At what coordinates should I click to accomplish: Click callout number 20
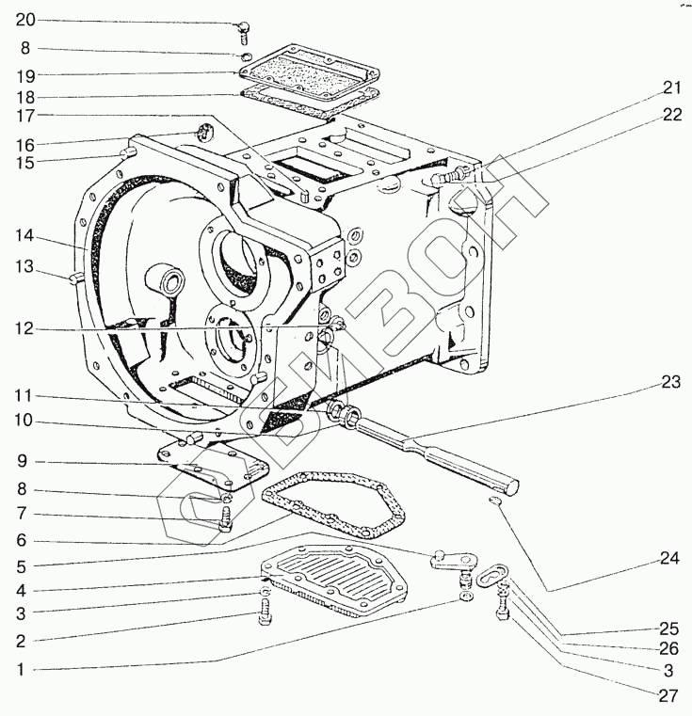[x=24, y=20]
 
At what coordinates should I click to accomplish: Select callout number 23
[x=669, y=382]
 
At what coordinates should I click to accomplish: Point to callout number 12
[x=24, y=328]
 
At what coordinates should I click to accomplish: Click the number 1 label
[x=21, y=670]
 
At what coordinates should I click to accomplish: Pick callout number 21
[x=669, y=88]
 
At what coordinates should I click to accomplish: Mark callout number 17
[x=24, y=117]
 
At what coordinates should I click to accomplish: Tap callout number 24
[x=669, y=559]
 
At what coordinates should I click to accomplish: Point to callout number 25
[x=668, y=627]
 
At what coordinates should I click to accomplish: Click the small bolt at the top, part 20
[x=243, y=30]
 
